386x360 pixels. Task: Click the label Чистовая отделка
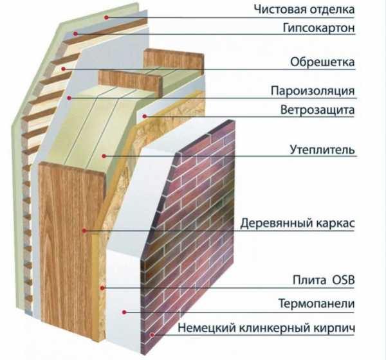point(304,10)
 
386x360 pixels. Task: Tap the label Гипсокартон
point(319,28)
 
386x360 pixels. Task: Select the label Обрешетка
point(322,62)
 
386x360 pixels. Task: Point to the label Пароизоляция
point(313,91)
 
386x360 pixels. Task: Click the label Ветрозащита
point(318,110)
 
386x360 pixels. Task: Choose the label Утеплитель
point(322,150)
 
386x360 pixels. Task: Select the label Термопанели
point(317,303)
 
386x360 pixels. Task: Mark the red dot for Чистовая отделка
point(106,17)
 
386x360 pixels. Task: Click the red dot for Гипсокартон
point(75,33)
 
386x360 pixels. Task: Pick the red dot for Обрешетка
point(63,69)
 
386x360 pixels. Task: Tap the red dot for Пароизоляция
point(69,98)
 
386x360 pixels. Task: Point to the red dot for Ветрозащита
point(145,116)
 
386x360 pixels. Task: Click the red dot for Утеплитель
point(104,156)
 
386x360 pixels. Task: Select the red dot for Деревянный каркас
point(84,231)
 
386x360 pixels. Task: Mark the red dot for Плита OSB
point(102,287)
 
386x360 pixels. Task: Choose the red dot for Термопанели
point(124,312)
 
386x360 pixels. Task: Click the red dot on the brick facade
point(152,335)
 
